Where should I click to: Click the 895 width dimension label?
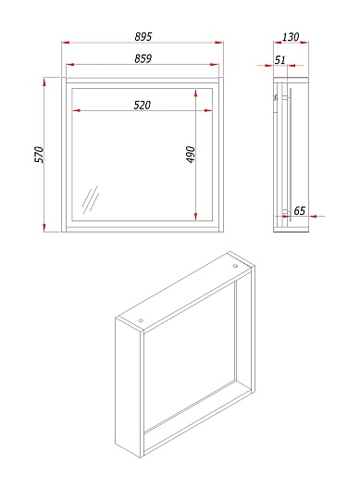pos(143,36)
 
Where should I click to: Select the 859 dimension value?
pos(143,58)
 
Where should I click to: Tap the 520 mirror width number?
pos(143,105)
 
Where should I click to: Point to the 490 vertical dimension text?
pos(191,155)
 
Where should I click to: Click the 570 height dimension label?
pos(39,155)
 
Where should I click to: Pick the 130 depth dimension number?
pos(291,37)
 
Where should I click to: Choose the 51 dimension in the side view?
pos(280,59)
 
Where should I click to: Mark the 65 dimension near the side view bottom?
pos(299,211)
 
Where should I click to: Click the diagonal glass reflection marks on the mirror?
pos(91,200)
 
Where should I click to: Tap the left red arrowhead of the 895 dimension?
pos(66,43)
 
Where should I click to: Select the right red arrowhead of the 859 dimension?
pos(215,65)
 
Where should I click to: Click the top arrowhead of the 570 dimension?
pos(44,82)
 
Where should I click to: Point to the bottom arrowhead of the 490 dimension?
pos(195,217)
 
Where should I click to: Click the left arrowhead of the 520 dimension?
pos(76,110)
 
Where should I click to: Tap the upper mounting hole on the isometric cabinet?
pos(235,266)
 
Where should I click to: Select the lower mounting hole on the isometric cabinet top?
pos(141,320)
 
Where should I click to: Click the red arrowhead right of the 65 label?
pos(314,216)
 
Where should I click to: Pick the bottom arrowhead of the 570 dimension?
pos(44,227)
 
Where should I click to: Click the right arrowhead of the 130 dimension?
pos(304,43)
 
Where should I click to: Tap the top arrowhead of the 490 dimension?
pos(195,93)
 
